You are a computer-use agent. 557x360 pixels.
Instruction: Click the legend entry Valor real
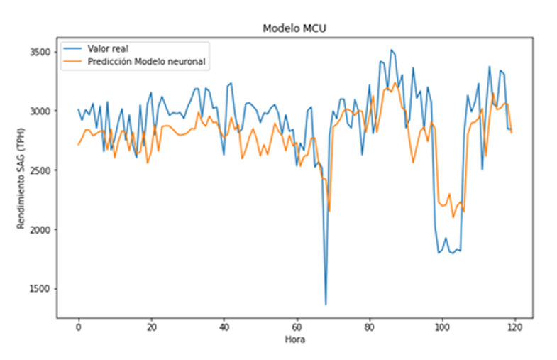108,48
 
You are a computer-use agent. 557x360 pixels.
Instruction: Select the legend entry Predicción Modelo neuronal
146,61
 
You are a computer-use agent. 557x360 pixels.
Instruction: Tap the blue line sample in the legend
72,48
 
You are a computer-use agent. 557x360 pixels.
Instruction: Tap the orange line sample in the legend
72,61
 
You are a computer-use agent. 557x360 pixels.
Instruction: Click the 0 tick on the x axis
78,329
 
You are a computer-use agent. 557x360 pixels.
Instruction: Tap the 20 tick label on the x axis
151,329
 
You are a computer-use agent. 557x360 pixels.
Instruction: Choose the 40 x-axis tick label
224,329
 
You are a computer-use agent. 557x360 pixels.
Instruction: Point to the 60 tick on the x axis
297,329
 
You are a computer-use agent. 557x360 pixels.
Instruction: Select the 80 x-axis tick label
369,329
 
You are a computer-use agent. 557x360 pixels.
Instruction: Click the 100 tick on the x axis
442,329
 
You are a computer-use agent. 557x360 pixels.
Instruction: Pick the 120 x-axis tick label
514,329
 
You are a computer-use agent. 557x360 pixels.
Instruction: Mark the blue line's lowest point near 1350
326,305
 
